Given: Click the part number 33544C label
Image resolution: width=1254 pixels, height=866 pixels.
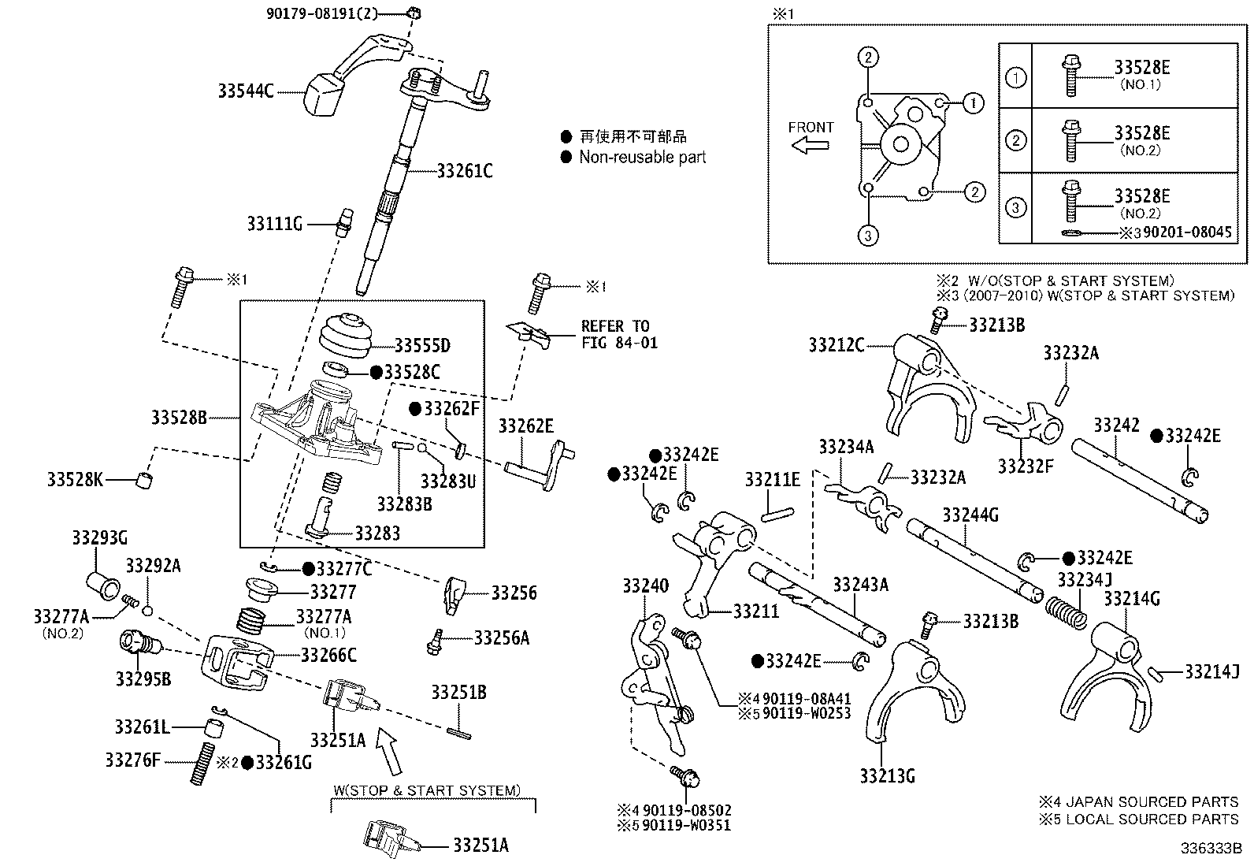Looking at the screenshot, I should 246,91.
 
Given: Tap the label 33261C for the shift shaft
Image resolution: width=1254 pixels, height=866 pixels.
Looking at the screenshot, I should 465,171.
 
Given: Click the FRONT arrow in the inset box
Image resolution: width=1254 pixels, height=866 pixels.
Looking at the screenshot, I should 811,145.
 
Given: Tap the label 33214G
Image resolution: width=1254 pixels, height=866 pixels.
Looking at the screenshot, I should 1131,599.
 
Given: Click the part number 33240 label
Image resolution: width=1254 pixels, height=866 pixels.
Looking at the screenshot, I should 645,585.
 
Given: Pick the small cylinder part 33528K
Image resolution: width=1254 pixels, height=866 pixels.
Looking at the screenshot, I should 143,479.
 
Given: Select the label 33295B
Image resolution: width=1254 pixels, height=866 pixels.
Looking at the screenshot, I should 143,678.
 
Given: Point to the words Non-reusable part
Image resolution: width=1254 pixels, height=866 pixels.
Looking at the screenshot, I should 642,157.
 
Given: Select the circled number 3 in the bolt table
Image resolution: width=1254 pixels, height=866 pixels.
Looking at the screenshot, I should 1016,208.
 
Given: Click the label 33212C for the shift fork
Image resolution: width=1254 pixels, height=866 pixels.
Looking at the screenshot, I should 836,344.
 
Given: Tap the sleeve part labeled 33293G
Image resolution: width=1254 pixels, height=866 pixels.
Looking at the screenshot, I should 102,585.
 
